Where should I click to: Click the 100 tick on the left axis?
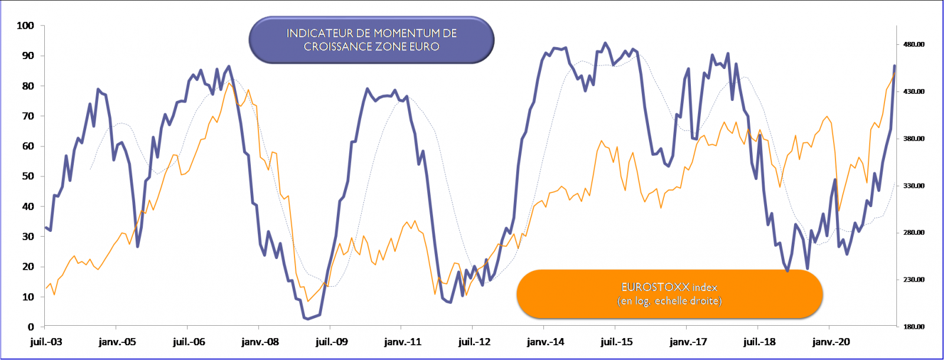(x=25, y=25)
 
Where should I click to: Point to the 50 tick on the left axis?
(x=28, y=176)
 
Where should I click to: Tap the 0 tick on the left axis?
(x=31, y=326)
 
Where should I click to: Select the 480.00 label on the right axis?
(x=913, y=44)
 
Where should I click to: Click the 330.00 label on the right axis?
(x=913, y=185)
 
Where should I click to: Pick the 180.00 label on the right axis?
(x=913, y=326)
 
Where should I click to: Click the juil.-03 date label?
(x=46, y=342)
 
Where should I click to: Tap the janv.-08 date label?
(x=260, y=342)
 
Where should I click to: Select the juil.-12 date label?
(x=474, y=342)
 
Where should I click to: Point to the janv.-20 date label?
(x=831, y=342)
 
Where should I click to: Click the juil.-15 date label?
(x=617, y=342)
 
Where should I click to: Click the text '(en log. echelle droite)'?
(x=670, y=301)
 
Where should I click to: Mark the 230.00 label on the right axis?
(x=913, y=279)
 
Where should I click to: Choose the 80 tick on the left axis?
(x=28, y=86)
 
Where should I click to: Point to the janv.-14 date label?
(x=545, y=342)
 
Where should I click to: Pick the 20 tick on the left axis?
(x=28, y=266)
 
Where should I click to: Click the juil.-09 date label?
(x=332, y=342)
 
